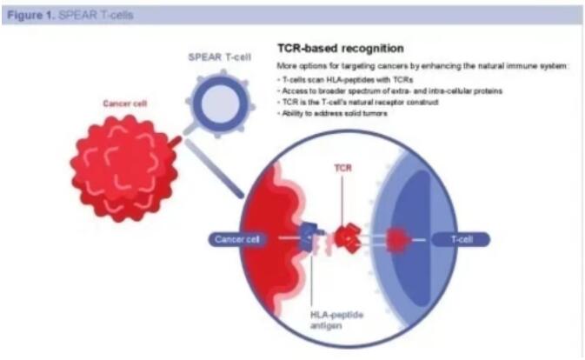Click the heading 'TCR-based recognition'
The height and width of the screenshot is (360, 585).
tap(340, 49)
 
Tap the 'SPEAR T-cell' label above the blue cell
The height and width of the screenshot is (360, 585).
tap(219, 57)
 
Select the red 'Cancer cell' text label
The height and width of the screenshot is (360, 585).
tap(125, 103)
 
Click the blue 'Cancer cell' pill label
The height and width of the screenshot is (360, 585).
tap(237, 239)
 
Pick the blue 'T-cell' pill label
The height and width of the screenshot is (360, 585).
tap(462, 239)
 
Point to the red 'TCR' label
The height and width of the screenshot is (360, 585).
tap(342, 168)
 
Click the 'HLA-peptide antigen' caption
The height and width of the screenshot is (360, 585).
tap(336, 320)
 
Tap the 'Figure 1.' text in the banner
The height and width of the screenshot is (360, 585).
tap(31, 16)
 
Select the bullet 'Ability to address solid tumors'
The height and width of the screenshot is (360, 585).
tap(332, 113)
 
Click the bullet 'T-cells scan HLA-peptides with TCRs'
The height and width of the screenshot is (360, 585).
tap(345, 80)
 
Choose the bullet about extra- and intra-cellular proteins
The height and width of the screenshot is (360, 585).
tap(390, 91)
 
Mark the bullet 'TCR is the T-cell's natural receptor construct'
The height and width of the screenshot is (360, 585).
tap(358, 103)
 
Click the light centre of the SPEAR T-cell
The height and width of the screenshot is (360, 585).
tap(220, 103)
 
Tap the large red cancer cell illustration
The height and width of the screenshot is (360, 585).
tap(124, 168)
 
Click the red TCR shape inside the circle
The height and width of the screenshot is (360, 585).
tap(348, 237)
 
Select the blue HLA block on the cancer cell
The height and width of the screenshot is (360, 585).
tap(309, 236)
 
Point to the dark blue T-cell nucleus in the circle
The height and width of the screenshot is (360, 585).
tap(410, 239)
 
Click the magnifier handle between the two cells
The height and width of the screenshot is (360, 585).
tap(214, 169)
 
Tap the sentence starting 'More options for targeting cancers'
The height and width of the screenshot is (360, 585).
tap(422, 66)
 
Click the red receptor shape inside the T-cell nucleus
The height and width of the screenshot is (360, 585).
tap(396, 239)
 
